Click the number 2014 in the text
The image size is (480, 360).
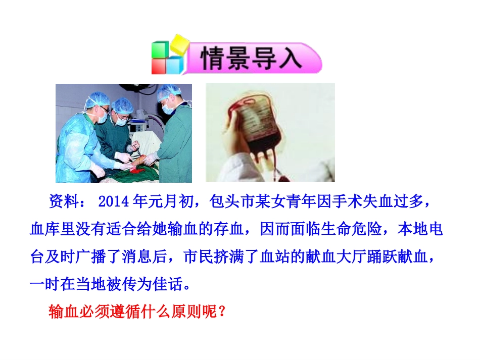(x=114, y=202)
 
